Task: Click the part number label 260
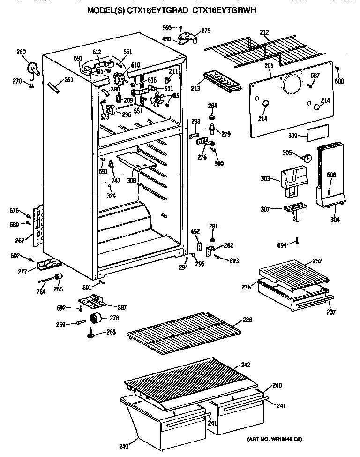pyautogui.click(x=21, y=52)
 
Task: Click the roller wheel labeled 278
pyautogui.click(x=97, y=319)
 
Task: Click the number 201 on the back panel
pyautogui.click(x=269, y=66)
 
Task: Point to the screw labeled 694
pyautogui.click(x=296, y=242)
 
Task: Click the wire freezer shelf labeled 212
pyautogui.click(x=253, y=47)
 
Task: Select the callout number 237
pyautogui.click(x=331, y=312)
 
